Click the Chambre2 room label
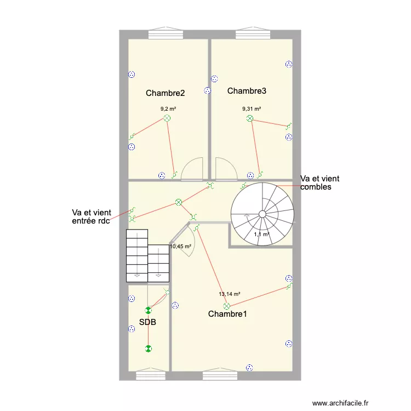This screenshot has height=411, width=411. [165, 93]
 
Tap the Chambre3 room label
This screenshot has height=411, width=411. [247, 90]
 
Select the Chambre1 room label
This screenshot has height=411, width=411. [227, 314]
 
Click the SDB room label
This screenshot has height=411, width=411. [147, 322]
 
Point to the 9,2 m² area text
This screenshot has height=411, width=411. [168, 109]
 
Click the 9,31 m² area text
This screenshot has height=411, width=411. [252, 109]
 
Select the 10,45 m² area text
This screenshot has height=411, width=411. [180, 247]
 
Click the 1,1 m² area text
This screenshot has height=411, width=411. [262, 235]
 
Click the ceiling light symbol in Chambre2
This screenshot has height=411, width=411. [167, 118]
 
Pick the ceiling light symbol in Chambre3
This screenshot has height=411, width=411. [250, 118]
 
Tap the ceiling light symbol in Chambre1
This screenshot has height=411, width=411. [226, 306]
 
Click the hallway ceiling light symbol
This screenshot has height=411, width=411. [178, 202]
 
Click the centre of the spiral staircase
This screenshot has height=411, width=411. [262, 213]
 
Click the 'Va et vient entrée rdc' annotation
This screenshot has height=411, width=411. [91, 216]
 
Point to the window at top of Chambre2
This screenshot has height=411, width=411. [167, 34]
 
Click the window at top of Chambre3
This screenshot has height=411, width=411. [254, 34]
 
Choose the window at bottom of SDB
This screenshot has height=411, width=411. [150, 376]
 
